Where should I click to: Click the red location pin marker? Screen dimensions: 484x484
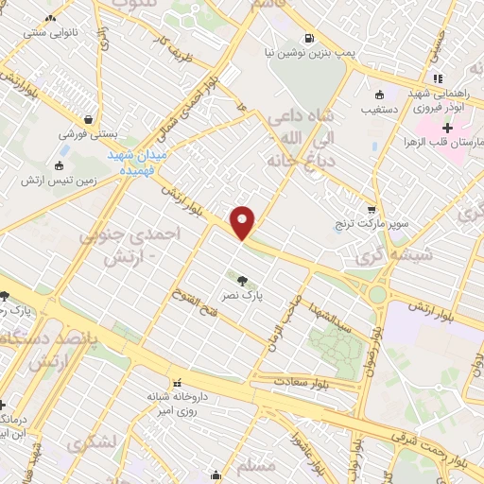tap(244, 222)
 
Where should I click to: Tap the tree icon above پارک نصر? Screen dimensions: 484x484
tap(243, 279)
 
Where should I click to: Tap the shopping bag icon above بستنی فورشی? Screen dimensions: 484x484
tap(88, 120)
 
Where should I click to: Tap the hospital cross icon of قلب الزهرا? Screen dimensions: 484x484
tap(447, 127)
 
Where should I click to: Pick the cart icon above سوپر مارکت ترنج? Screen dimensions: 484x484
tap(372, 210)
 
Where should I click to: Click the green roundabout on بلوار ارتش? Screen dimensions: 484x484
tap(377, 294)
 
